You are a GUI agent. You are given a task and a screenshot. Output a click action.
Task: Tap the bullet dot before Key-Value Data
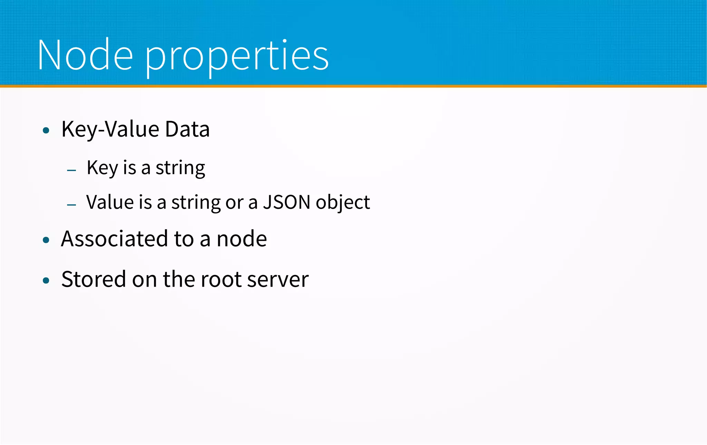[46, 130]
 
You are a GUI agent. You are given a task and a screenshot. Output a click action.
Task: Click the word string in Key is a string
[180, 168]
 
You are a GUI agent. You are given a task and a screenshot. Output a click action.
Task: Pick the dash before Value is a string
[71, 205]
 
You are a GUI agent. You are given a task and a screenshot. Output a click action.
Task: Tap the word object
[342, 203]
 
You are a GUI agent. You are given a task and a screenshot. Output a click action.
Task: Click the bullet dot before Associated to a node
[46, 240]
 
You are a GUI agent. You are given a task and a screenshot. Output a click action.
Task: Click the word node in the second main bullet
[242, 239]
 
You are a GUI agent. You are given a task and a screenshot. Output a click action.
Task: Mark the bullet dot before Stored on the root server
[46, 280]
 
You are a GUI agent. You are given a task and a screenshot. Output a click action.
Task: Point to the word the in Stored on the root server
[179, 279]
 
